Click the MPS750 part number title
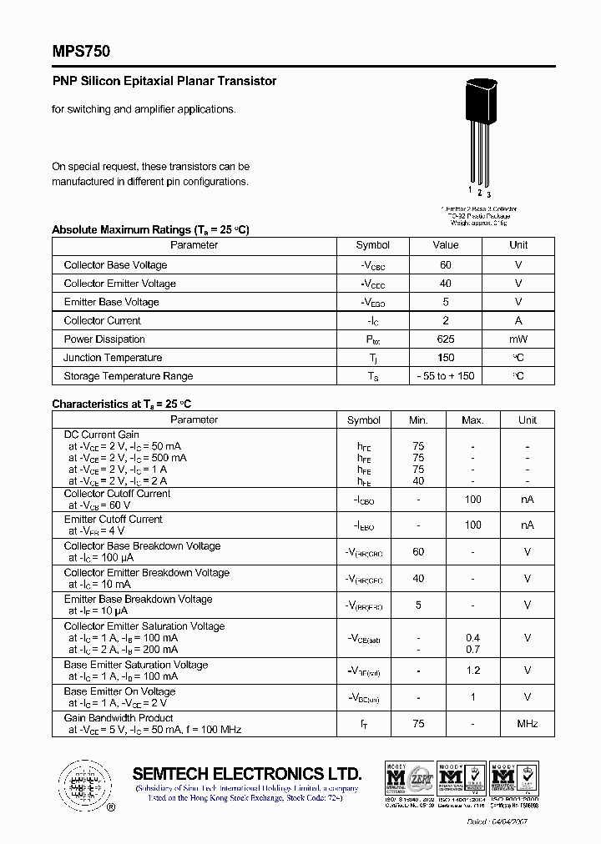point(81,51)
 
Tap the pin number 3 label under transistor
point(488,194)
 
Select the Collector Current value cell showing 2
point(446,320)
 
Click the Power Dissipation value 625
point(446,339)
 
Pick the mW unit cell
point(518,339)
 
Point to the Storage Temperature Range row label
point(128,376)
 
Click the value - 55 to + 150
point(446,376)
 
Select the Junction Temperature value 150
point(446,358)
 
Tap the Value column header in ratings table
point(446,245)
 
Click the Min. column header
point(418,420)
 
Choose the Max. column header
point(472,420)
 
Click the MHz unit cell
point(528,724)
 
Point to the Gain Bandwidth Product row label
point(119,718)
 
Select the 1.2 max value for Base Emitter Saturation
point(472,671)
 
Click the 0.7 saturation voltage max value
point(472,649)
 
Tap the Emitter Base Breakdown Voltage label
point(138,600)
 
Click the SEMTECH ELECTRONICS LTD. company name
point(247,773)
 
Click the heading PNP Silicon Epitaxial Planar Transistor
point(164,81)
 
